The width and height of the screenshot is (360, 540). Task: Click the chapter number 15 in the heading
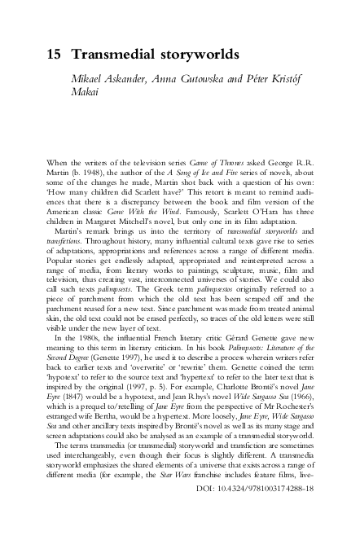pyautogui.click(x=47, y=56)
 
